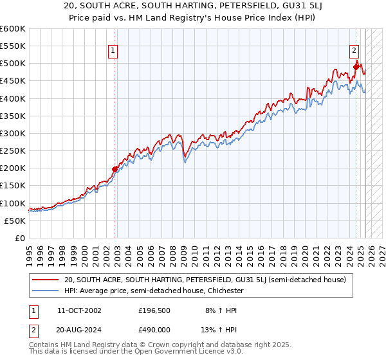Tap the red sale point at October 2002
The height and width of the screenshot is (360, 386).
point(115,169)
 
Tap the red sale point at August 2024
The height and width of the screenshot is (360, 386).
point(356,66)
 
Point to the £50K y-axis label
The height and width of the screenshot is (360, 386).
point(15,221)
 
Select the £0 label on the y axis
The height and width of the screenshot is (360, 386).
point(19,238)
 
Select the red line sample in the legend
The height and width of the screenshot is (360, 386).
point(46,280)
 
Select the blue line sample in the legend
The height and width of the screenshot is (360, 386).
point(46,291)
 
